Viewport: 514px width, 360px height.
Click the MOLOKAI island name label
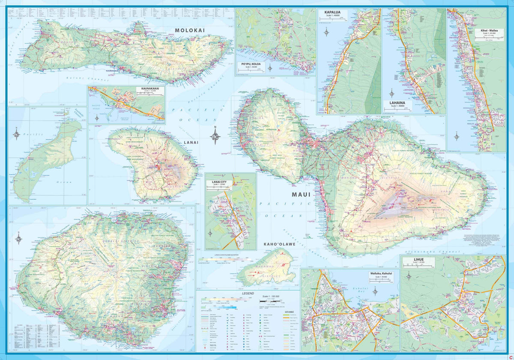click(190, 30)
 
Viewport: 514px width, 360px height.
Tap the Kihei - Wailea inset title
click(490, 31)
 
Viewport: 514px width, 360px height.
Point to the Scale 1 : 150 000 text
click(271, 297)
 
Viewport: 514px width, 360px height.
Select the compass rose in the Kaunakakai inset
click(97, 117)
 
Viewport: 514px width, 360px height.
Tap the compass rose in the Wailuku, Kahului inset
click(375, 291)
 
